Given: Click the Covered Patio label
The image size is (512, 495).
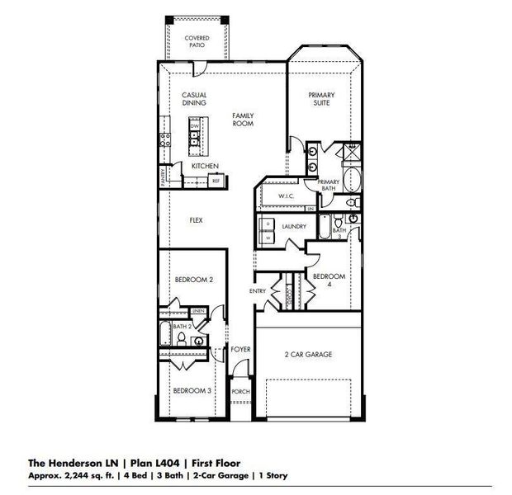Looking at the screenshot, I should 197,41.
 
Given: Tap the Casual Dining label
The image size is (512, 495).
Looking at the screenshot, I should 194,99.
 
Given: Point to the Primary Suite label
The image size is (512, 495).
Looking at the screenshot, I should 321,99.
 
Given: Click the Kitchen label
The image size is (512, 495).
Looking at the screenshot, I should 205,166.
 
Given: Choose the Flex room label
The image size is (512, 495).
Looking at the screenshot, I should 197,220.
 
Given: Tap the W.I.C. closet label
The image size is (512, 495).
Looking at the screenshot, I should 287,196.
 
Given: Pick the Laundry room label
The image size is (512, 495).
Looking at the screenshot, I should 294,226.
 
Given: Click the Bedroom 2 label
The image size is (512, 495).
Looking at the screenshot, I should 194,280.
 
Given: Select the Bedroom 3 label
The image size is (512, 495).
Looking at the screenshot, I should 192,389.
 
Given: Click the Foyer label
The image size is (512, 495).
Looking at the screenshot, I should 240,350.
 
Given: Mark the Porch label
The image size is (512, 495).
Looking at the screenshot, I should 240,391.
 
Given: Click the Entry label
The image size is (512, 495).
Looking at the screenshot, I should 258,291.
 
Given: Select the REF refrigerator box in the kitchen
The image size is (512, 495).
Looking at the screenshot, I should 216,180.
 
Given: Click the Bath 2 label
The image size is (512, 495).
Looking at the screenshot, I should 183,328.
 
